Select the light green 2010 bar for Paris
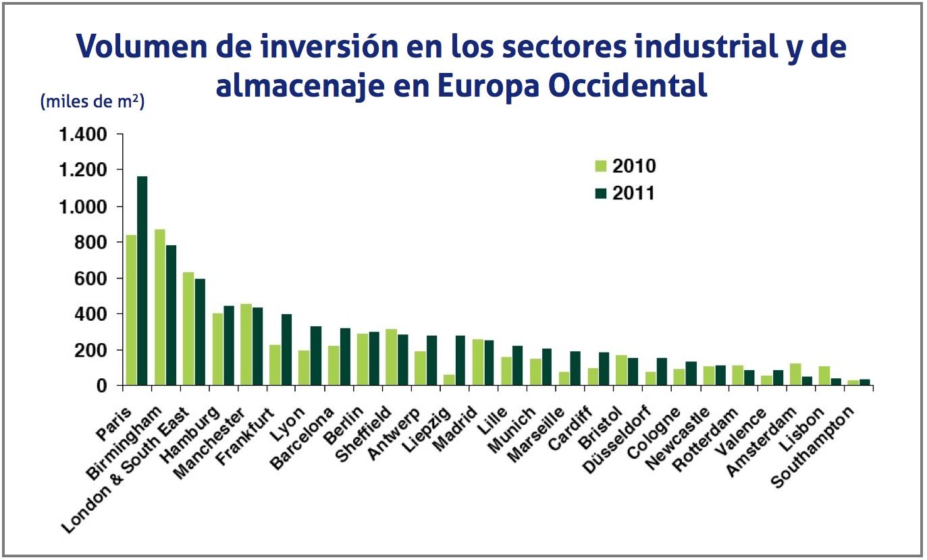[x=131, y=310]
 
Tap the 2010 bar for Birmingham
[x=160, y=307]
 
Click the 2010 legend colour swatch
[x=601, y=166]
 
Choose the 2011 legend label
[x=634, y=193]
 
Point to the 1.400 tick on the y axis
[x=82, y=134]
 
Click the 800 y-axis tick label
[x=92, y=242]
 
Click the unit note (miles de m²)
[x=92, y=102]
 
